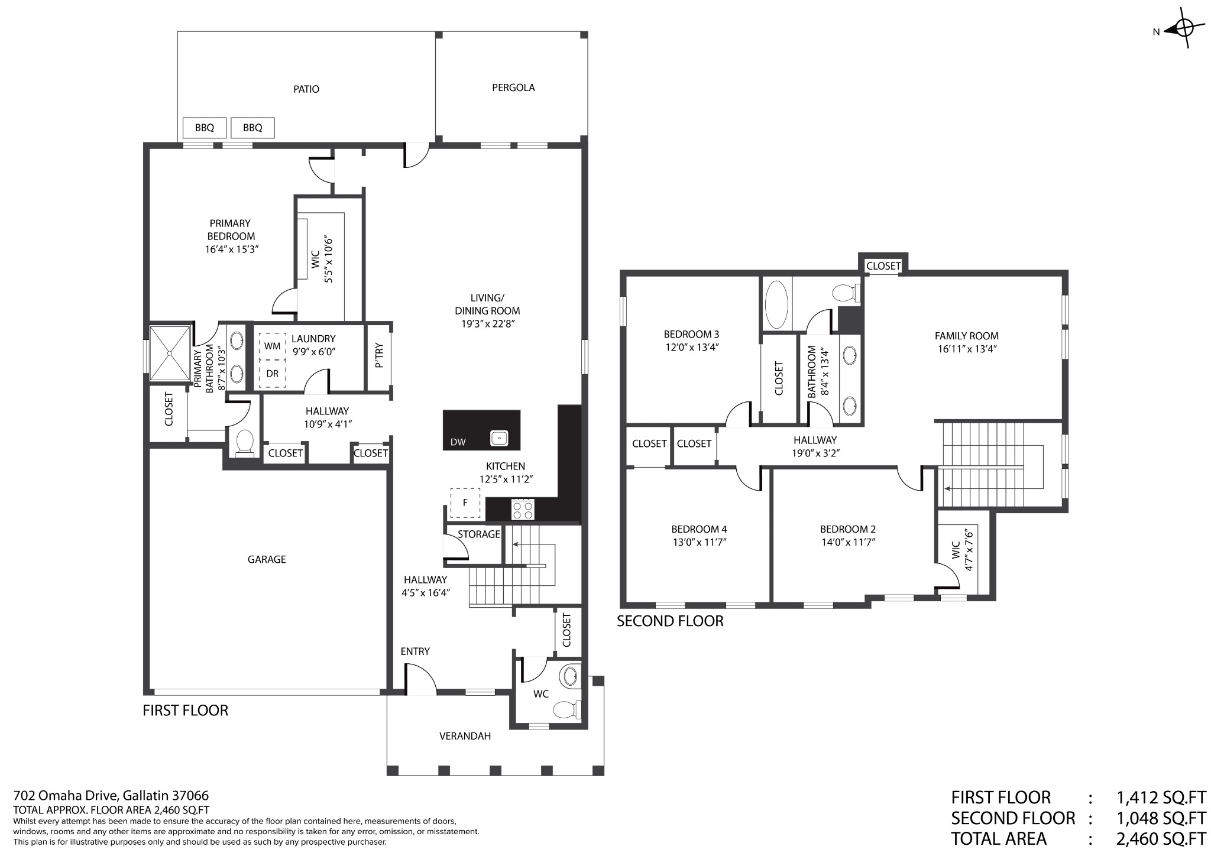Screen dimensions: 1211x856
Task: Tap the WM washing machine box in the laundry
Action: click(x=272, y=346)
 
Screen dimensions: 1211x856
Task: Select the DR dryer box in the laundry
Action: click(x=272, y=374)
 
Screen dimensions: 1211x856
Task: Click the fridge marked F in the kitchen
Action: click(x=465, y=503)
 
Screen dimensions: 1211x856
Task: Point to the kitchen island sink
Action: click(x=500, y=439)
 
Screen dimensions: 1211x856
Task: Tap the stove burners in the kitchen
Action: click(x=523, y=510)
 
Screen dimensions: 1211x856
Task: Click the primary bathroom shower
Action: click(x=170, y=353)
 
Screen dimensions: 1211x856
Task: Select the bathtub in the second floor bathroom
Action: click(x=776, y=304)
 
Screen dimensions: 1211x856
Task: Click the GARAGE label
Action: click(x=267, y=559)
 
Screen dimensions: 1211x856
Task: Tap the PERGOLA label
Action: click(x=513, y=87)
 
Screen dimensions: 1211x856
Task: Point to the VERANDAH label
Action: click(x=465, y=736)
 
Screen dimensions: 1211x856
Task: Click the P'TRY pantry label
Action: click(x=379, y=356)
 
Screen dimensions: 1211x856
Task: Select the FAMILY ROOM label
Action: click(x=967, y=336)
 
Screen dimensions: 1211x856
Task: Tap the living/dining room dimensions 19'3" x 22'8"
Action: click(x=487, y=324)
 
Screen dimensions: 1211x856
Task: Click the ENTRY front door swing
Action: click(x=420, y=679)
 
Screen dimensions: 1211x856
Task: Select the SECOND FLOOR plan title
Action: click(x=670, y=621)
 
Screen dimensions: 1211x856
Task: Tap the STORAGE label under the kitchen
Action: click(x=479, y=534)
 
